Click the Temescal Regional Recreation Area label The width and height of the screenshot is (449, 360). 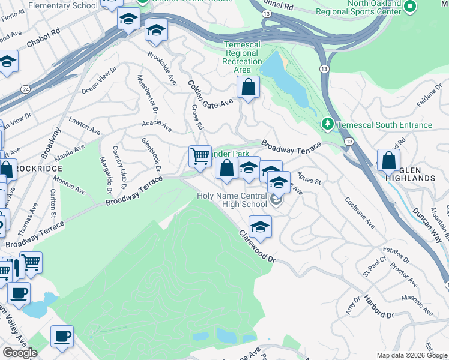point(243,57)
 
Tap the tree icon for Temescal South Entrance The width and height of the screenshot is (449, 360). point(327,125)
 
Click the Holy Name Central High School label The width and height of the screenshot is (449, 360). point(232,200)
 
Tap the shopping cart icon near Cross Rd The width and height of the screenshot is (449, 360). point(200,157)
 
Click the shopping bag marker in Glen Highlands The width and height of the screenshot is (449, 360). point(388,160)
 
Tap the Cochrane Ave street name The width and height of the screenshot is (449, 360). point(360,212)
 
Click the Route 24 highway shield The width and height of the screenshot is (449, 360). point(25,89)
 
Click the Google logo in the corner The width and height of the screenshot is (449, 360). point(20,352)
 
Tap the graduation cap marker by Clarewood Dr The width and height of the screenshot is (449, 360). point(260,227)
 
